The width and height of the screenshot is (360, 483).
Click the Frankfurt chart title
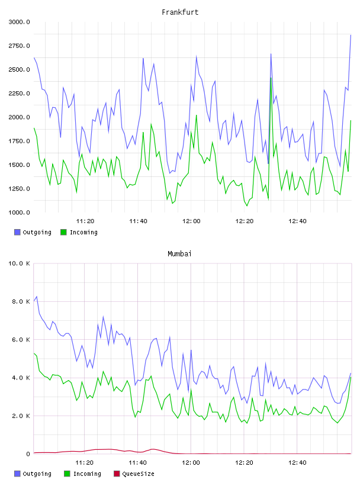point(180,12)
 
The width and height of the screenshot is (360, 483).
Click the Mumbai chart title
point(179,253)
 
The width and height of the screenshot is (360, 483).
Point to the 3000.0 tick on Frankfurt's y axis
point(19,22)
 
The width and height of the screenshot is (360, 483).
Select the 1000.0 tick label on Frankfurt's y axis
point(19,212)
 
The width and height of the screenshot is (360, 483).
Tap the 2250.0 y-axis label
point(19,94)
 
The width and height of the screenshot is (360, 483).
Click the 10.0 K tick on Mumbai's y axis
point(19,263)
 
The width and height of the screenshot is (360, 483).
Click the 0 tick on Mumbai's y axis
point(28,454)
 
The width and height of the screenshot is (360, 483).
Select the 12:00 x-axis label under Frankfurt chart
point(191,221)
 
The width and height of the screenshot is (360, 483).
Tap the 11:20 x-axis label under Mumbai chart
point(85,463)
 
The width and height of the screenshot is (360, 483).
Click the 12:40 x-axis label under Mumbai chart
point(297,463)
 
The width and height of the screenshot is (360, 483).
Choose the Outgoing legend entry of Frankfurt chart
point(33,232)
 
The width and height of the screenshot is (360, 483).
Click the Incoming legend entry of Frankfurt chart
point(79,232)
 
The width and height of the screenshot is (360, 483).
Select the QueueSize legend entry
point(134,474)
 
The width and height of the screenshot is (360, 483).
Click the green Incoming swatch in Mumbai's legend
point(67,474)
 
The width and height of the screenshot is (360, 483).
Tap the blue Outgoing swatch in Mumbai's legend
point(17,474)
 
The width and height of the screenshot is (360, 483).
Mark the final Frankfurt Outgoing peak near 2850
point(351,35)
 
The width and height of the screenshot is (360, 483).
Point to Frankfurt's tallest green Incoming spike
point(271,78)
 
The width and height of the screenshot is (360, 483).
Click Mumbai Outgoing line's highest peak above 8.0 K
point(37,297)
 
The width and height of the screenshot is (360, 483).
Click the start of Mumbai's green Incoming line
point(34,353)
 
